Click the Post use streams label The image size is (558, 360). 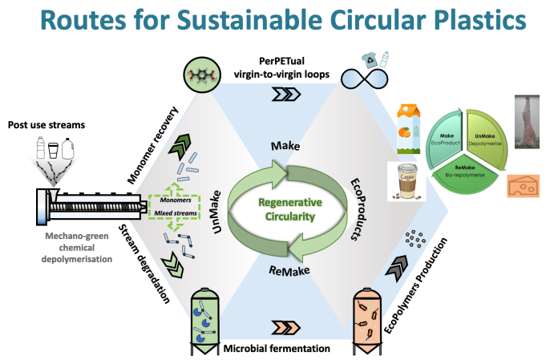tap(46, 126)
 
